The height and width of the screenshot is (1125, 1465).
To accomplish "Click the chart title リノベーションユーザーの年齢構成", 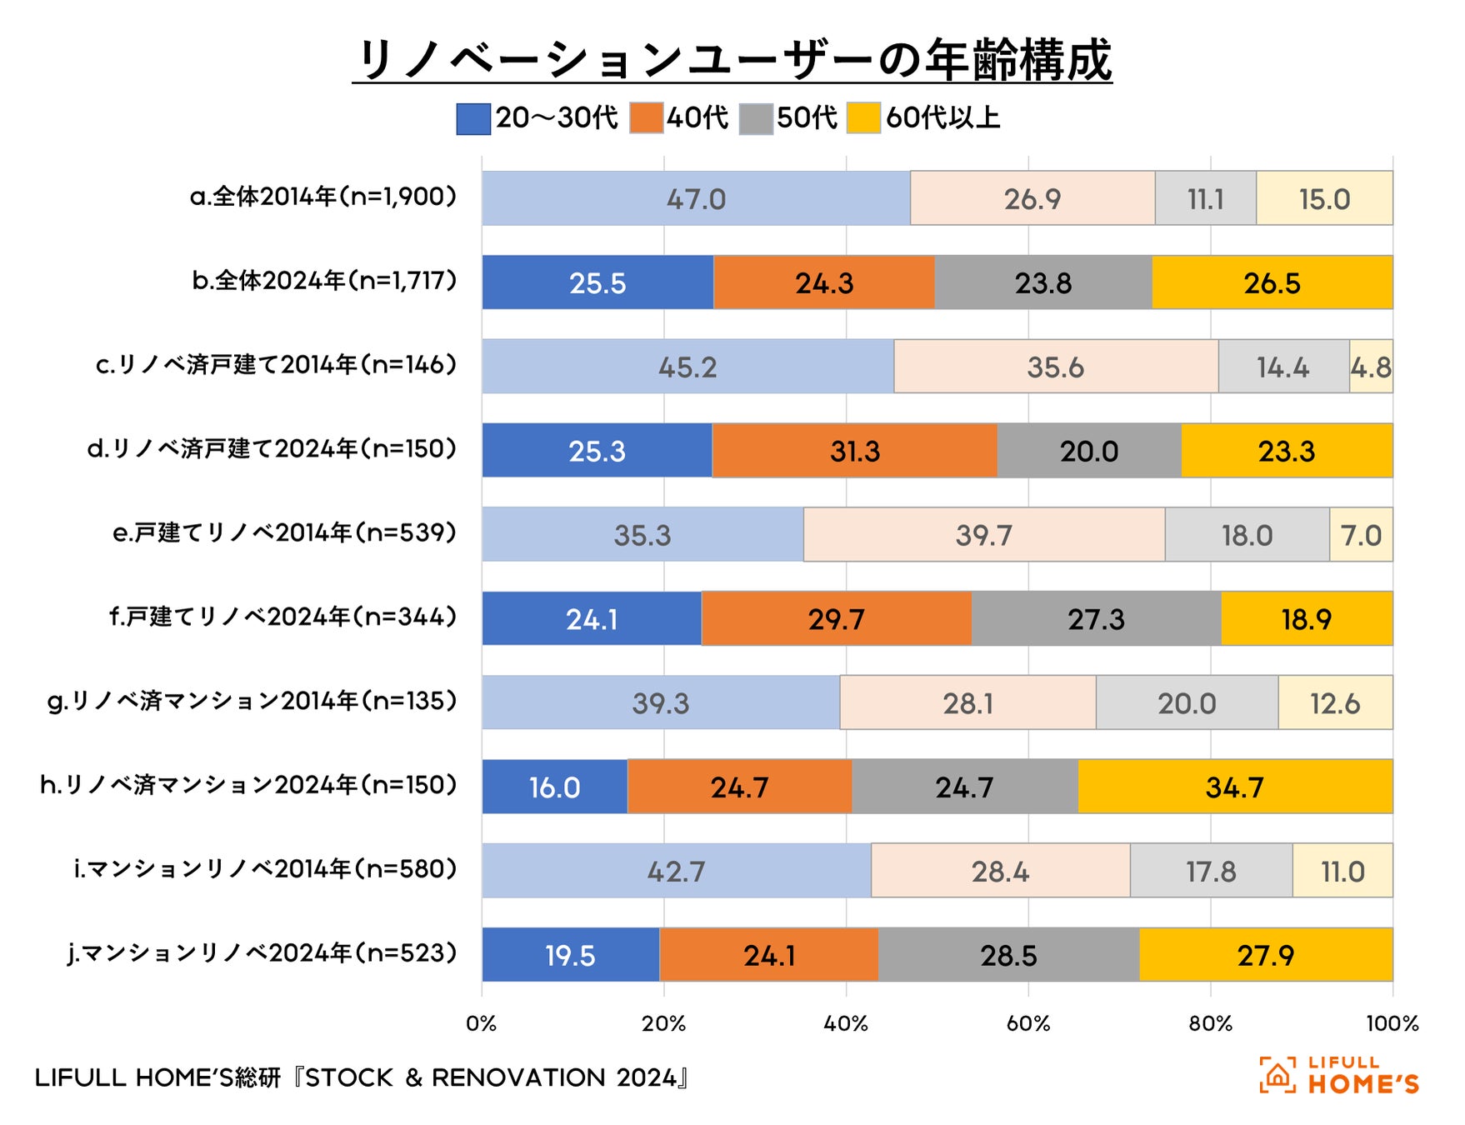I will click(732, 60).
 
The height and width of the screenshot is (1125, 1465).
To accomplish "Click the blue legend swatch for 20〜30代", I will click(472, 118).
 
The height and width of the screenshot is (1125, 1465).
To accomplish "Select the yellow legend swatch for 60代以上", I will click(863, 118).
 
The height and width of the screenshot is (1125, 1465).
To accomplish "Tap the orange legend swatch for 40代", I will click(646, 118).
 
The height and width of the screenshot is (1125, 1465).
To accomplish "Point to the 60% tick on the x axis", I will click(1027, 1023).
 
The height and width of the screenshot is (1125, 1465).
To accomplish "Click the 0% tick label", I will click(482, 1023).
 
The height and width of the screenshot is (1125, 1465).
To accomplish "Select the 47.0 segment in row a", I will click(696, 198).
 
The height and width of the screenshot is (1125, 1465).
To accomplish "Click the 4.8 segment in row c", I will click(1371, 367).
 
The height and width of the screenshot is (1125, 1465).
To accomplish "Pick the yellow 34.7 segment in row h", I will click(1234, 787).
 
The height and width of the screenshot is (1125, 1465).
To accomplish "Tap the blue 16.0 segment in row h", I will click(554, 787).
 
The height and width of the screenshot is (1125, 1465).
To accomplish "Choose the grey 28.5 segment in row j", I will click(1008, 954).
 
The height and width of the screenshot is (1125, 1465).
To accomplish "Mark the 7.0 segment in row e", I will click(1361, 534).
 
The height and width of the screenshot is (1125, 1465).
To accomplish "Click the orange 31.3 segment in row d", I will click(854, 451).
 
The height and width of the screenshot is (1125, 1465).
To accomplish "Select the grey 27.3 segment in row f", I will click(1096, 618).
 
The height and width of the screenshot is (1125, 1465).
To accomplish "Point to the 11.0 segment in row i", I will click(1342, 871).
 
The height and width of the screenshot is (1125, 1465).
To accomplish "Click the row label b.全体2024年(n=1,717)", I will click(324, 281).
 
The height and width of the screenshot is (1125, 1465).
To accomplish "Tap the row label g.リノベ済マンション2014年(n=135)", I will click(252, 701).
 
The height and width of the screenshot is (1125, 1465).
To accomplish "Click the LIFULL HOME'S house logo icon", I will click(1277, 1075).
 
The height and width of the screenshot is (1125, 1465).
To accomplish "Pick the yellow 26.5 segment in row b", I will click(1272, 282).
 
